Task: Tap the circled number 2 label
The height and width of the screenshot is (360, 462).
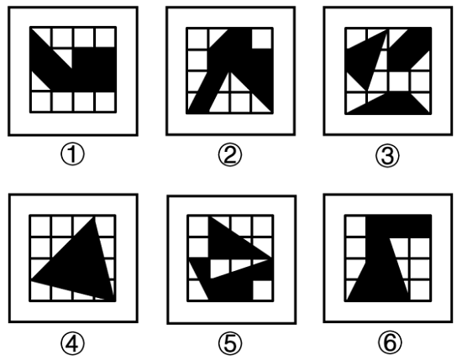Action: click(230, 155)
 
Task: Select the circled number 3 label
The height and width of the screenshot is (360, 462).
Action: click(387, 155)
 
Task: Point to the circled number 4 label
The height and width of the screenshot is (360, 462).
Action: click(72, 342)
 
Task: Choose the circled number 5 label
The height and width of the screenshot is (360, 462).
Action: click(230, 342)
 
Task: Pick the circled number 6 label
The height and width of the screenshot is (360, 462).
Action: click(390, 342)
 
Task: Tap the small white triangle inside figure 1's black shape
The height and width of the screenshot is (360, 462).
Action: click(66, 56)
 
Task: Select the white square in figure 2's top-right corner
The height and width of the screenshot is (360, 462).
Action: click(261, 39)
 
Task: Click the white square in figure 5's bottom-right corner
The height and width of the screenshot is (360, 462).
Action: click(262, 290)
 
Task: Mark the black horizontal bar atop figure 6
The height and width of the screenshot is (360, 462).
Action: click(398, 227)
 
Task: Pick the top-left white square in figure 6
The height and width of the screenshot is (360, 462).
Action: click(355, 226)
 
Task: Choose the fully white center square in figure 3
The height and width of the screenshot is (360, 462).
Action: click(399, 81)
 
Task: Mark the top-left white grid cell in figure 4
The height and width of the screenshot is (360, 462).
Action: click(40, 227)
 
